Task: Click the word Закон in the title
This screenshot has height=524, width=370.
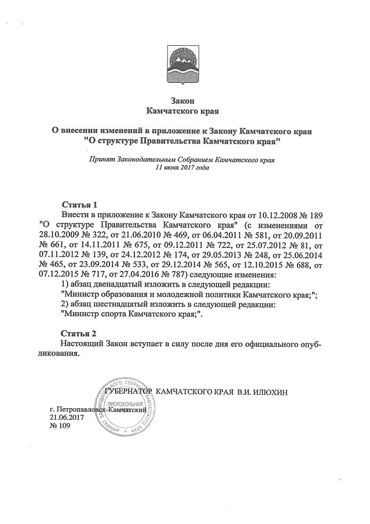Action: click(185, 100)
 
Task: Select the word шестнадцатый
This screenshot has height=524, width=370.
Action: click(120, 304)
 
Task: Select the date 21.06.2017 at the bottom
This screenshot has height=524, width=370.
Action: click(67, 417)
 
